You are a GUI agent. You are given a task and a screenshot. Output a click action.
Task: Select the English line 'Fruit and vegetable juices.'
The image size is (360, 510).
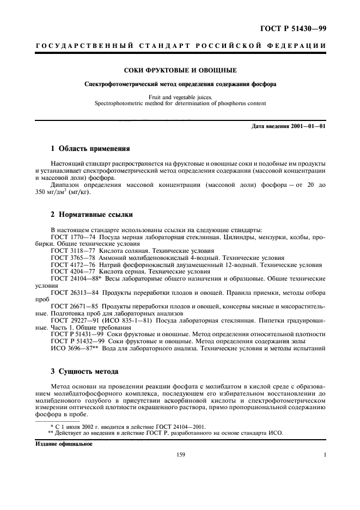tap(180, 96)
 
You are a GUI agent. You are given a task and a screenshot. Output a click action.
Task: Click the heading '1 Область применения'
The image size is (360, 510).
tap(86, 148)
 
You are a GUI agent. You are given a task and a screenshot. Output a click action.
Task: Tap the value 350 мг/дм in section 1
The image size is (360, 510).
tap(53, 192)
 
